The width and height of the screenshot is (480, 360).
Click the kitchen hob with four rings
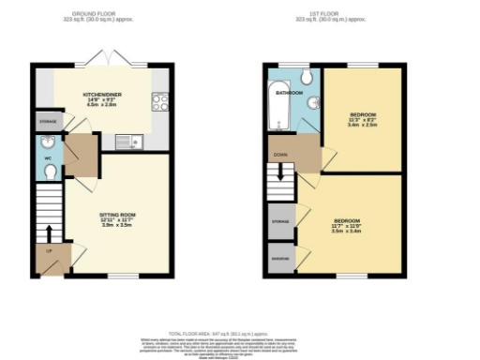(x=159, y=101)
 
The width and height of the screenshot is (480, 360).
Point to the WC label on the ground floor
(x=47, y=157)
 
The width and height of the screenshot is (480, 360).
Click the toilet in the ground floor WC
(x=49, y=171)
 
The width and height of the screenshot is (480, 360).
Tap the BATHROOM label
(x=288, y=94)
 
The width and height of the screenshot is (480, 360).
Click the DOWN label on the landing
(x=280, y=152)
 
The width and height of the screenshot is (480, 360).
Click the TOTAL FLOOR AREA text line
(x=240, y=333)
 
